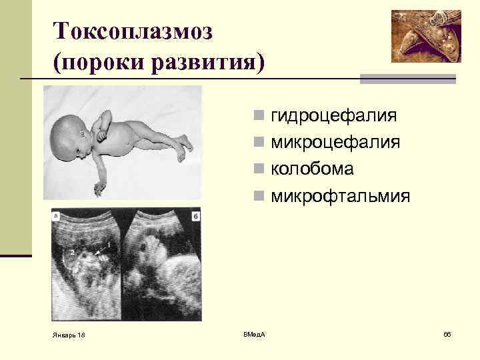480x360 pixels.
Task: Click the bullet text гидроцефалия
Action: tap(334, 116)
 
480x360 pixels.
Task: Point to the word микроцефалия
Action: tap(335, 143)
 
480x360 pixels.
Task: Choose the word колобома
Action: tap(312, 169)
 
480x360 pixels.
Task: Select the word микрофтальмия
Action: tap(341, 197)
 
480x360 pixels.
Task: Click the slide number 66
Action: tap(447, 333)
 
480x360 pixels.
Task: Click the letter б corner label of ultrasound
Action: tap(195, 215)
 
